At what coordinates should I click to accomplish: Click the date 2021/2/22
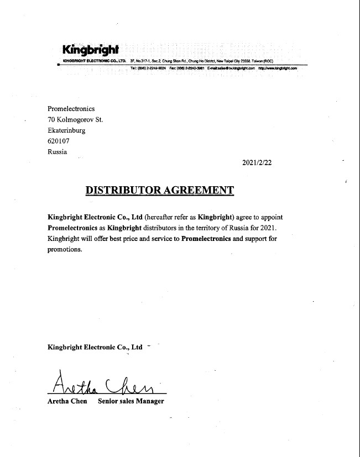click(258, 162)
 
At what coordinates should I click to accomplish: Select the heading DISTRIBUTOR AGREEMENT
click(160, 191)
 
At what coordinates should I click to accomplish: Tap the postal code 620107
click(59, 141)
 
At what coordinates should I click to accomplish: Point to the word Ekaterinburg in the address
click(66, 130)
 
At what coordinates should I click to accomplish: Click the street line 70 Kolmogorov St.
click(75, 119)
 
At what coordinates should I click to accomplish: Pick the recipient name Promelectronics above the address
click(71, 109)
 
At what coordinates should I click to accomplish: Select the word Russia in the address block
click(58, 152)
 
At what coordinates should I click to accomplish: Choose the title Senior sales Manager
click(131, 401)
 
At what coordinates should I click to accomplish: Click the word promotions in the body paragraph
click(65, 249)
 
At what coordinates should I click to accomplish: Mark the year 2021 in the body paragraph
click(264, 228)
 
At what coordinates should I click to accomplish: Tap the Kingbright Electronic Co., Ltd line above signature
click(95, 348)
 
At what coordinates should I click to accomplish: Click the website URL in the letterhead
click(278, 68)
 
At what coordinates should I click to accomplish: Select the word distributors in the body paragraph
click(160, 228)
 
